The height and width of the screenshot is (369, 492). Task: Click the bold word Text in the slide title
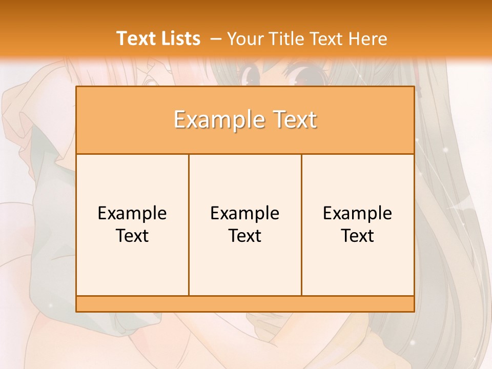[x=134, y=38]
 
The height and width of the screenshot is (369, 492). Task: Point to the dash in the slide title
[x=215, y=39]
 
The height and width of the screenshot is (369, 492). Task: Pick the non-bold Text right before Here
[x=326, y=39]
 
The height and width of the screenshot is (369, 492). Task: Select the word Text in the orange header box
[x=293, y=120]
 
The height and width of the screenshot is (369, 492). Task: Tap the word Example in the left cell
[x=132, y=213]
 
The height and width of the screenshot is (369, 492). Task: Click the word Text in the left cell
[x=132, y=236]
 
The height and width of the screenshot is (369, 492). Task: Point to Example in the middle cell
[x=245, y=213]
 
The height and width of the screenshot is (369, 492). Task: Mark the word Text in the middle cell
[x=245, y=236]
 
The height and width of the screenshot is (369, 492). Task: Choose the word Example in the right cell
[x=358, y=213]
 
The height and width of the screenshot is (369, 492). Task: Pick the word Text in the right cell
[x=358, y=236]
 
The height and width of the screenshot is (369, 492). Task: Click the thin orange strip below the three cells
[x=245, y=303]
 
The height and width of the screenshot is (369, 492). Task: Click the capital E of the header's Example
[x=179, y=120]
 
